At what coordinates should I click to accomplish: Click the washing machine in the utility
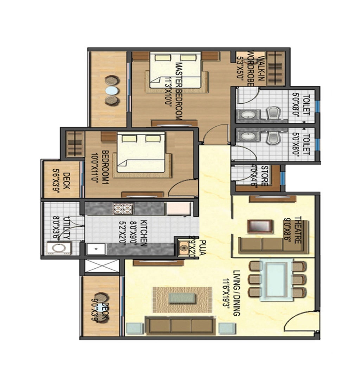(59, 248)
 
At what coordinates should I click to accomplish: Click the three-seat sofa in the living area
(181, 326)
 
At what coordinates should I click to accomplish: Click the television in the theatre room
(259, 226)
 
